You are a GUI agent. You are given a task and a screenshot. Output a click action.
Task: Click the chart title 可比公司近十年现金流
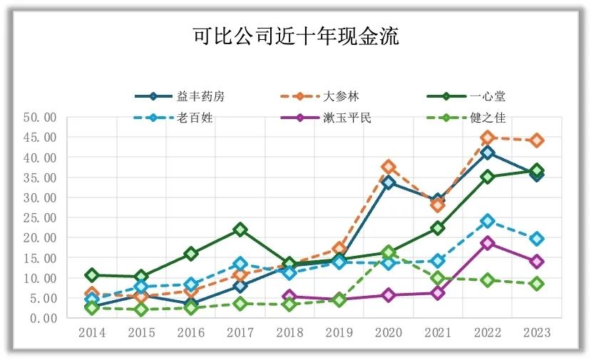(295, 36)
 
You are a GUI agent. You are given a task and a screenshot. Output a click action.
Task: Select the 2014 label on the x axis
(91, 333)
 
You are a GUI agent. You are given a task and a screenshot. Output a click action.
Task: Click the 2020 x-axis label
(389, 333)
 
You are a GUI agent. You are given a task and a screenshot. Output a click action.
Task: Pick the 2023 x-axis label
(537, 333)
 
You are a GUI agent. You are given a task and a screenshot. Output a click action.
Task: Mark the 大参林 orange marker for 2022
(488, 138)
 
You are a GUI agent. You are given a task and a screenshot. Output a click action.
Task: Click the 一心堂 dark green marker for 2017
(240, 230)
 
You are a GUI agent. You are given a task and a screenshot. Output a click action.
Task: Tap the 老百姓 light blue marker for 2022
(488, 221)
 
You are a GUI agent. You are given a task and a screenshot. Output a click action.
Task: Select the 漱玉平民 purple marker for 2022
(488, 242)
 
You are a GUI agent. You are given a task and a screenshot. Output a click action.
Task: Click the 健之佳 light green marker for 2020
(389, 252)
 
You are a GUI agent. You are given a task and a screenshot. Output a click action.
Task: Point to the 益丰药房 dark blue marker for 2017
(240, 286)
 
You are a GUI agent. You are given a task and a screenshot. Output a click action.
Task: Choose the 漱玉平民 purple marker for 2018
(289, 297)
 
